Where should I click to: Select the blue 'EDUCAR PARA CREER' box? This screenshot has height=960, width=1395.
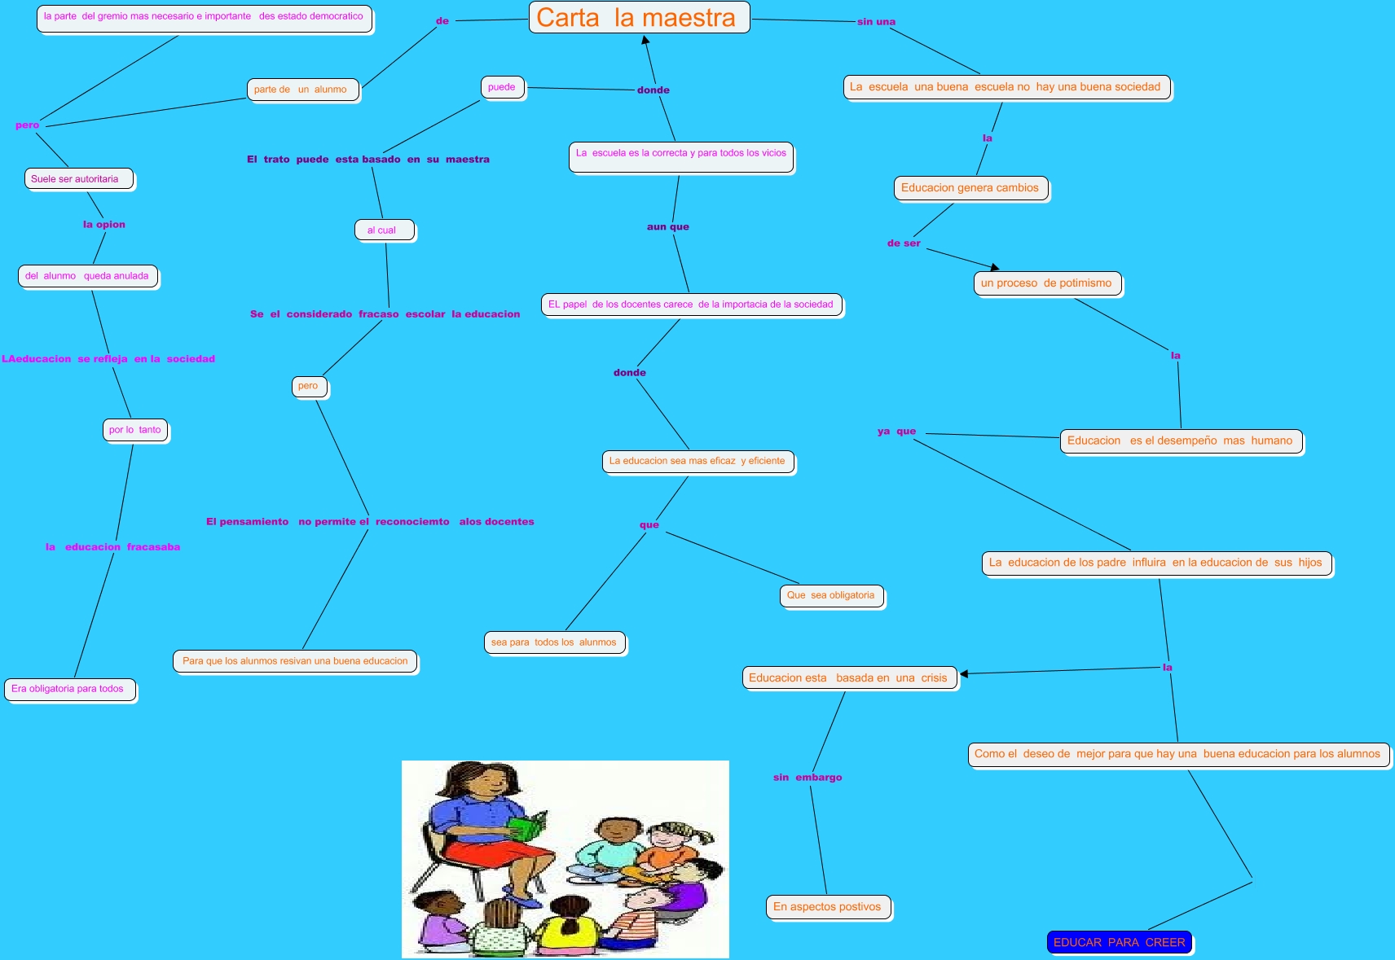[1120, 942]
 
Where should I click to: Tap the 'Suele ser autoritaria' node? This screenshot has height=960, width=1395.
[78, 179]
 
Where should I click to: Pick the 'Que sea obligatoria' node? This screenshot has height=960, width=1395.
[831, 595]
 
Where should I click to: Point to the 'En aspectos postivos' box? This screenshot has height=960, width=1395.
[828, 906]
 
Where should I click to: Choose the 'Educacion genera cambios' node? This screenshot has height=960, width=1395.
[970, 188]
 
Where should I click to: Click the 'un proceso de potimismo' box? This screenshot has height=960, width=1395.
[1047, 283]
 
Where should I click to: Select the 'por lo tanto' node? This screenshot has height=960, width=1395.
[135, 430]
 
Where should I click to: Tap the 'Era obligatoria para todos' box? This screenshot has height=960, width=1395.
[69, 689]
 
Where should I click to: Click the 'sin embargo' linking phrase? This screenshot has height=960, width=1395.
[808, 778]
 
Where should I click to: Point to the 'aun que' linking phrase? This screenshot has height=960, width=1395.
[668, 227]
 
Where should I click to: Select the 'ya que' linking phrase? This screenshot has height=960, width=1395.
[896, 432]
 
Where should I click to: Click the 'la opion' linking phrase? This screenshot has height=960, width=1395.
[104, 225]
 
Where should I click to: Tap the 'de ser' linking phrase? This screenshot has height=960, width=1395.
[904, 243]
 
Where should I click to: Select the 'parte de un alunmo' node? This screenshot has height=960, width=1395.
[301, 90]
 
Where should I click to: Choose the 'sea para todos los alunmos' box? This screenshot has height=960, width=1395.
[555, 642]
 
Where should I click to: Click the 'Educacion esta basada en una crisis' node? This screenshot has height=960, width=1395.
[849, 677]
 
